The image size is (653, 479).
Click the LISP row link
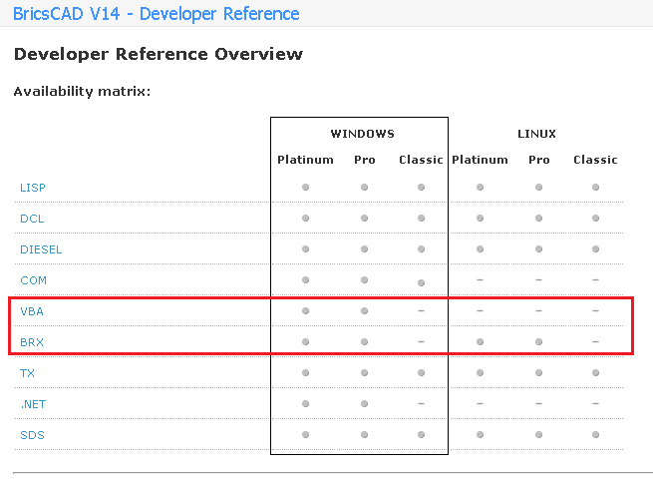(x=33, y=188)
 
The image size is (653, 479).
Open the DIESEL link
(x=41, y=249)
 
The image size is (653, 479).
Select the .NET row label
(x=33, y=404)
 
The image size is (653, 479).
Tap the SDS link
(x=32, y=435)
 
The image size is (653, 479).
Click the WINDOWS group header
(x=362, y=134)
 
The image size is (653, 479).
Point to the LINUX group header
(x=536, y=134)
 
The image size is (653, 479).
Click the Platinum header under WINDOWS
(x=305, y=160)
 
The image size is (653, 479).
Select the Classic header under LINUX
(x=595, y=160)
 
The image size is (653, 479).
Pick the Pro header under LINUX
(x=539, y=160)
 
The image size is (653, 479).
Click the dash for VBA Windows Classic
(x=421, y=311)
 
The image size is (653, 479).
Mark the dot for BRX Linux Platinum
(x=480, y=342)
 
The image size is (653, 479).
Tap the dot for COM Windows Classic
(x=421, y=282)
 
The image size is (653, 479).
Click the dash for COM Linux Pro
(x=539, y=280)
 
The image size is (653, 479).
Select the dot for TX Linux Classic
(x=595, y=372)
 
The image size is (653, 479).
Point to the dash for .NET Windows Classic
(x=421, y=403)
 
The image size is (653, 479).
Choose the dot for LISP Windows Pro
(x=365, y=188)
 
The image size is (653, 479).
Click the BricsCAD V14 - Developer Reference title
(x=157, y=14)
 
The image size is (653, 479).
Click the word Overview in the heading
(x=258, y=54)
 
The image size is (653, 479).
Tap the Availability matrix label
(x=82, y=91)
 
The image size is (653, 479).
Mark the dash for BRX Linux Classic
(x=595, y=342)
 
